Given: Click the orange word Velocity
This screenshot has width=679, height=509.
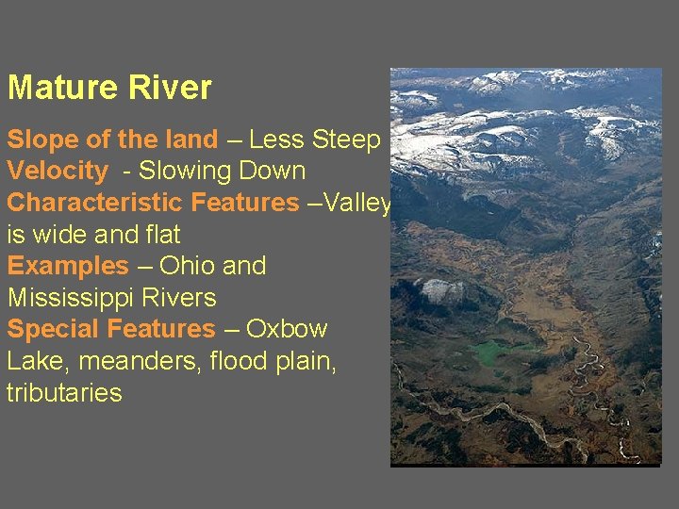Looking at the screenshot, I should [x=58, y=172].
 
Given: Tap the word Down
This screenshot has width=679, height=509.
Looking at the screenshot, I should [x=273, y=172].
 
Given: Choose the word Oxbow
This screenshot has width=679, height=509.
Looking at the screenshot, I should [x=287, y=329].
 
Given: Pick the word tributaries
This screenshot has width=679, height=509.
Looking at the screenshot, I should [x=64, y=392].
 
